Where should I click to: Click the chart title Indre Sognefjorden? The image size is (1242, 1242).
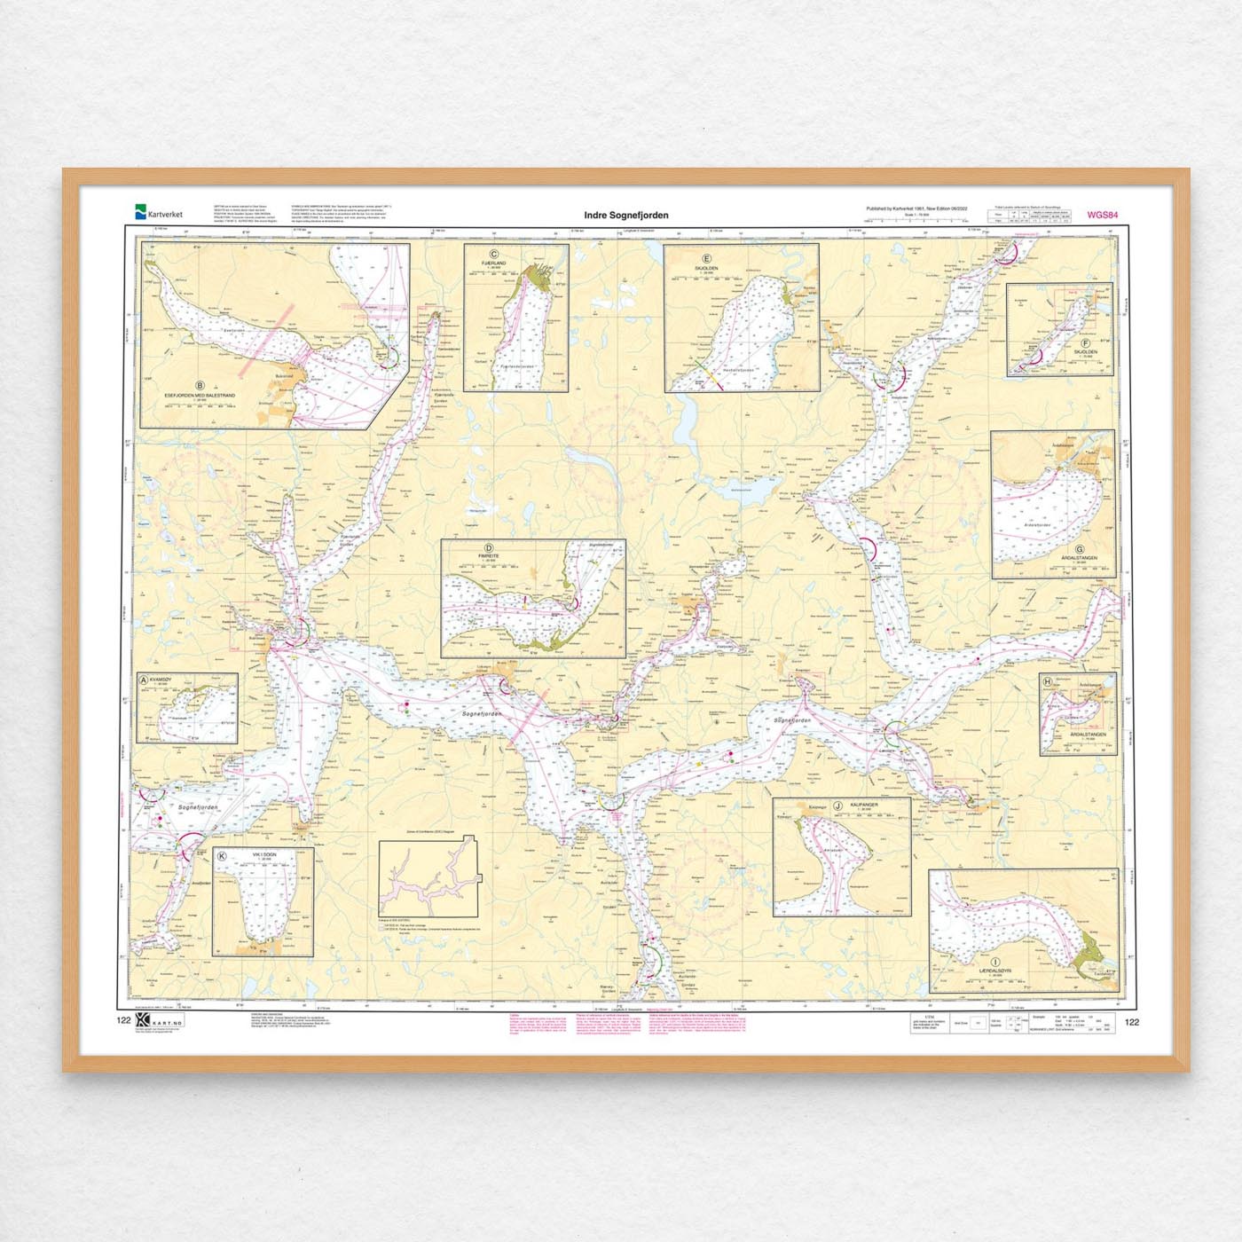click(625, 215)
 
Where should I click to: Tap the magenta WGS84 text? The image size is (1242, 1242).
click(1102, 215)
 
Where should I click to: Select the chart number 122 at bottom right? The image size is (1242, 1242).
click(1131, 1022)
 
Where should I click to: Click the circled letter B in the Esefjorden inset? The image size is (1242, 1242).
click(200, 385)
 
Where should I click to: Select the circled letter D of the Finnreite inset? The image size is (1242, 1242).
click(489, 548)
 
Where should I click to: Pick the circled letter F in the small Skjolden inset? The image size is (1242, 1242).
click(1085, 343)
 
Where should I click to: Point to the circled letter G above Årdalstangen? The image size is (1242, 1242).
click(1080, 549)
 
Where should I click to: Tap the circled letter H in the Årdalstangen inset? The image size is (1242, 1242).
click(1048, 681)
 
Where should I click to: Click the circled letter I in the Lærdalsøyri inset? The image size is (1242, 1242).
click(995, 962)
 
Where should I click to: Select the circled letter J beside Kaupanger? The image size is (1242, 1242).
click(837, 805)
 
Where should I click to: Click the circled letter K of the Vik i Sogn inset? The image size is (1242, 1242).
click(222, 856)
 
